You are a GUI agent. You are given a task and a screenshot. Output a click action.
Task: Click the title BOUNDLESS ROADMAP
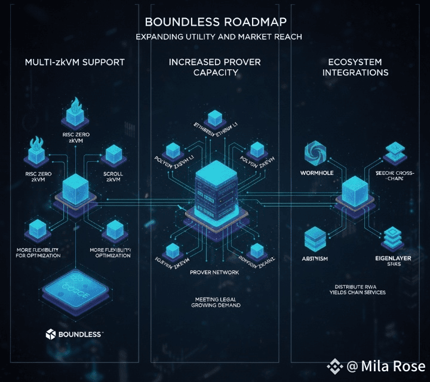[215, 22]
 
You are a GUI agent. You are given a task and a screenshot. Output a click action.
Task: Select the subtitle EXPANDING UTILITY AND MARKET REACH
[219, 37]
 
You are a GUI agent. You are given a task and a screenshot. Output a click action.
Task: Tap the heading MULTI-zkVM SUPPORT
[75, 62]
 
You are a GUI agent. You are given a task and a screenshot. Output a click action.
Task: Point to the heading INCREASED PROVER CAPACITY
[216, 67]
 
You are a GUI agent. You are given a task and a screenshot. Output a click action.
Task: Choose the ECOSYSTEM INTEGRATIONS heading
[355, 67]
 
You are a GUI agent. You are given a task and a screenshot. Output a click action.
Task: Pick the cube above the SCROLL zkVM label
[113, 154]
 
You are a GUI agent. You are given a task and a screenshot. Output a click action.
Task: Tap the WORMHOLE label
[315, 172]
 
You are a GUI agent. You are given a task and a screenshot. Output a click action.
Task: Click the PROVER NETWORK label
[214, 272]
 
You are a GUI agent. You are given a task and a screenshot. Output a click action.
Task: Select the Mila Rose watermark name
[394, 366]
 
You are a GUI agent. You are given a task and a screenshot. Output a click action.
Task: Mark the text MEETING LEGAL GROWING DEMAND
[216, 302]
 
